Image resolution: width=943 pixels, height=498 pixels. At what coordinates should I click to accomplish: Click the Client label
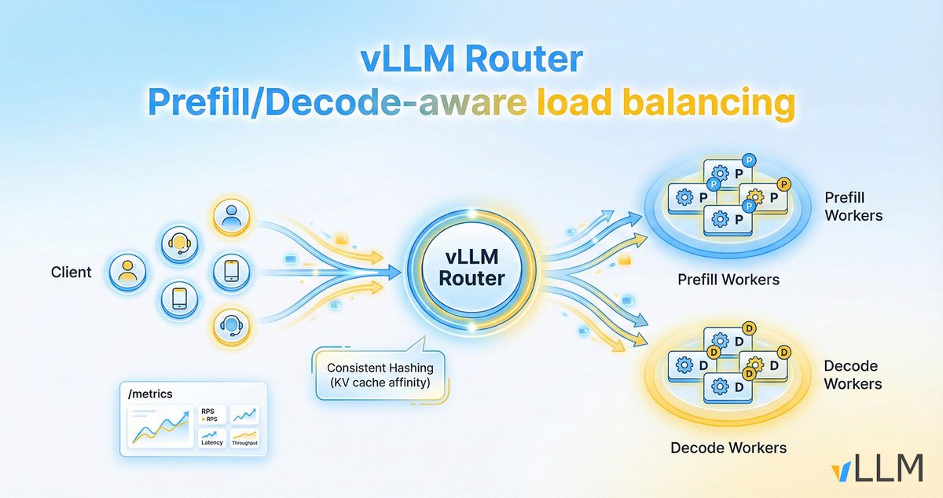click(71, 273)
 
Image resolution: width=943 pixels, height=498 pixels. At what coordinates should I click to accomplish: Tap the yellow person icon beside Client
click(127, 272)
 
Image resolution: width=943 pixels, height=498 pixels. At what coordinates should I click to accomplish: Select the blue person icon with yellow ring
click(231, 218)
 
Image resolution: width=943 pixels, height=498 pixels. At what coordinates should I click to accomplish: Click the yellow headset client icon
click(178, 245)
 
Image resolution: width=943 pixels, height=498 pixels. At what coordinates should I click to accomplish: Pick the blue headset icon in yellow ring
click(231, 325)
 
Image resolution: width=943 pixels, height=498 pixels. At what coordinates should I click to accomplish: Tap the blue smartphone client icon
click(231, 272)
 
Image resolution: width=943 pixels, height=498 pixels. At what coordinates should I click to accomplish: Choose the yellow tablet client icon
click(178, 299)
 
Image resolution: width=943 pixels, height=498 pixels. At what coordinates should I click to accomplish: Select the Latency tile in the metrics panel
click(212, 438)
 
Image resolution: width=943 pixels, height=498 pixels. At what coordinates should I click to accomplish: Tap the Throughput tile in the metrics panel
click(246, 438)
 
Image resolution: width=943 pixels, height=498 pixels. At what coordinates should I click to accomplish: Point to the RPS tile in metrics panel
click(212, 414)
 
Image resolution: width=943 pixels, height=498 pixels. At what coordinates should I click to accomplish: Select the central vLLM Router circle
click(472, 268)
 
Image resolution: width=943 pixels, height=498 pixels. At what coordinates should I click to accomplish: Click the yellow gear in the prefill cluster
click(757, 195)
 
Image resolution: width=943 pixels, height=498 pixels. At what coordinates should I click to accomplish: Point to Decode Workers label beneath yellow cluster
click(728, 448)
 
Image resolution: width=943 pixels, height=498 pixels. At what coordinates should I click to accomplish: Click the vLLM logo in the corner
click(877, 468)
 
